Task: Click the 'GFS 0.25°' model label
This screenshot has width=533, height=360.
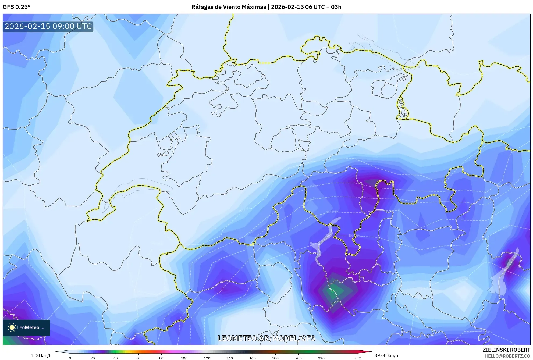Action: coord(17,7)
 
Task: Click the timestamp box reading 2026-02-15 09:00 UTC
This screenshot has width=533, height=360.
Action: coord(48,26)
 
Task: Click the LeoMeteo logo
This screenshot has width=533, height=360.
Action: coord(26,327)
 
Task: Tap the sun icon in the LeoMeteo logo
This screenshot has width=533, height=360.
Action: coord(12,327)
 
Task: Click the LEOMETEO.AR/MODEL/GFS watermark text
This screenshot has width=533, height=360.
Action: coord(266,338)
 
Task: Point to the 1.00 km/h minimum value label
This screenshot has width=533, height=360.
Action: coord(41,355)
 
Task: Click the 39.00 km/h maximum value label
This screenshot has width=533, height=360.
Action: coord(386,355)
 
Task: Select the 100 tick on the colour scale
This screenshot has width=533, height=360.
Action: coord(184,358)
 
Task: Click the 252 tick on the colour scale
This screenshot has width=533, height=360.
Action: coord(357,358)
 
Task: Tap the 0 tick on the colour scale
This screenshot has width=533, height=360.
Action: coord(70,358)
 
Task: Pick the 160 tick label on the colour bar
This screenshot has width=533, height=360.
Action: coord(253,358)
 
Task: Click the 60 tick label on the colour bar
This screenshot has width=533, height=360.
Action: coord(138,358)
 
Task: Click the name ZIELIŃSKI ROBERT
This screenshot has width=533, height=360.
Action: coord(506,350)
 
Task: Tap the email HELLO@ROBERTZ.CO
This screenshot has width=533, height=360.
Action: coord(507,356)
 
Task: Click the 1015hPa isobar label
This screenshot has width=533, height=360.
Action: coord(311,186)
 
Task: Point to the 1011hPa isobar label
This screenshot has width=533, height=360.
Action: coord(332,212)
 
